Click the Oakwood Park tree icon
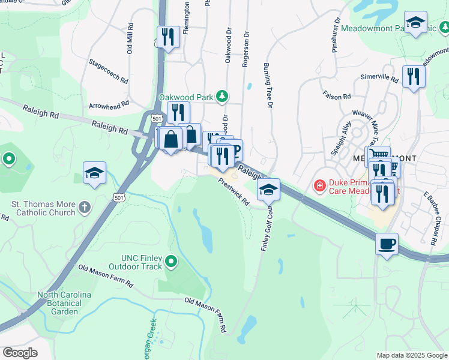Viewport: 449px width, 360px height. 223,96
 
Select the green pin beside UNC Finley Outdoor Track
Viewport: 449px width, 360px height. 172,261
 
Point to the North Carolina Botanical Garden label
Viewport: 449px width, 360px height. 64,303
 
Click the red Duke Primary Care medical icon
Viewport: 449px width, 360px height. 320,185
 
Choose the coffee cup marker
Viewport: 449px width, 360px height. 387,244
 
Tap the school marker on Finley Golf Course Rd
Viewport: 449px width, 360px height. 269,190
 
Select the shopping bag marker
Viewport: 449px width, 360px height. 171,139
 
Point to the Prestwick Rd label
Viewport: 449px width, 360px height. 234,191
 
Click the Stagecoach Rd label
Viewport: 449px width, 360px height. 109,71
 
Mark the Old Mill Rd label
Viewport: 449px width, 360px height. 130,39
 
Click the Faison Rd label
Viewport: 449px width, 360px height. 336,96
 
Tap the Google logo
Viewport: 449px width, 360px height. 20,353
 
